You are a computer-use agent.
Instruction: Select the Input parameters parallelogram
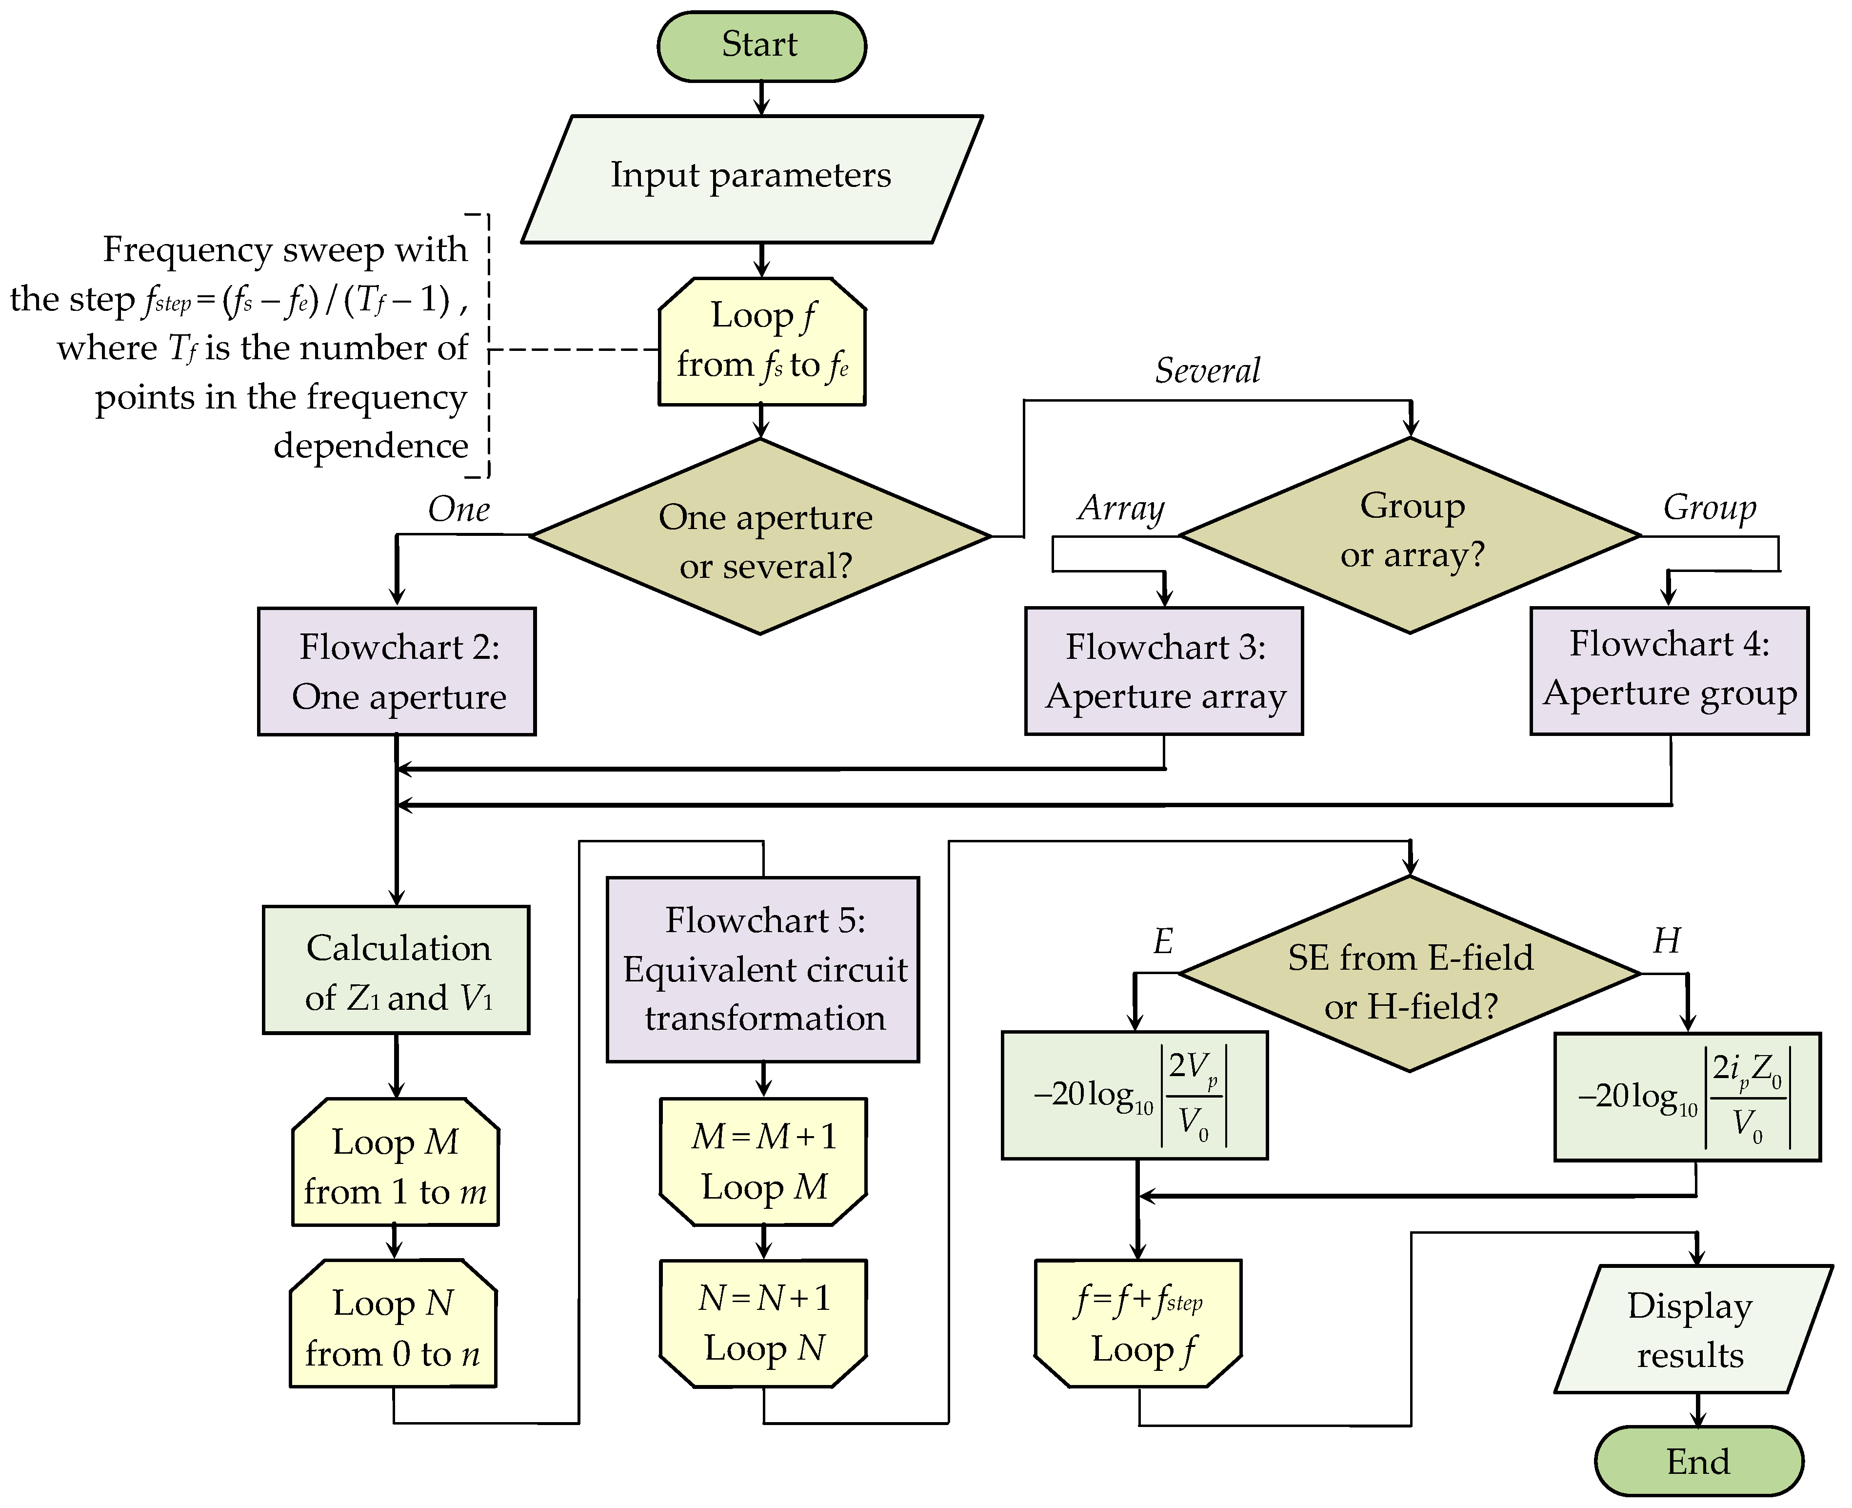pos(751,178)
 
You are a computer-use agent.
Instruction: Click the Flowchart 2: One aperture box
pos(397,671)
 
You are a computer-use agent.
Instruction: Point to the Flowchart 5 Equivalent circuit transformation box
pos(762,969)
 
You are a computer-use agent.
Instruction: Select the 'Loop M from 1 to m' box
pos(395,1162)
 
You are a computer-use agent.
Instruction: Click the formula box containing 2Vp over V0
pos(1134,1095)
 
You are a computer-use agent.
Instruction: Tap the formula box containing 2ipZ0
pos(1686,1096)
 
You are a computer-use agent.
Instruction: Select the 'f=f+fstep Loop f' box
pos(1137,1323)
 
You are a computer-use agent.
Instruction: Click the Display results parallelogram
pos(1692,1329)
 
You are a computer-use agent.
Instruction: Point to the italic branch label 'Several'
pos(1207,371)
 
